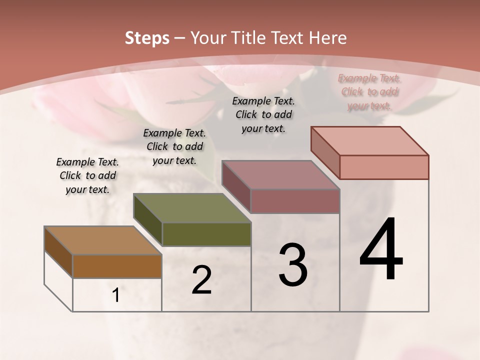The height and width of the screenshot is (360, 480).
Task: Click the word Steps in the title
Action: tap(147, 38)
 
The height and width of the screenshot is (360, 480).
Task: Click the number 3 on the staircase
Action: tap(293, 265)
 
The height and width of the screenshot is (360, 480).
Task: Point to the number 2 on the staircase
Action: tap(201, 280)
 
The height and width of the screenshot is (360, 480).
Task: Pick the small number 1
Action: tap(116, 295)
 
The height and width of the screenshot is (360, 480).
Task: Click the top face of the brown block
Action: tap(103, 240)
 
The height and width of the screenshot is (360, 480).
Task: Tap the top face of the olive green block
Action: tap(192, 208)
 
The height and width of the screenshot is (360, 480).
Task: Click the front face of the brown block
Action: tap(117, 266)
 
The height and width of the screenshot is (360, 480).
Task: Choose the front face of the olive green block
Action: tap(206, 234)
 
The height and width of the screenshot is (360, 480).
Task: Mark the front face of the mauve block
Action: tap(295, 201)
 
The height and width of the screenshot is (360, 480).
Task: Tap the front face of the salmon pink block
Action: tap(384, 167)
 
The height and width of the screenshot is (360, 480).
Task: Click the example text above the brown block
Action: tap(87, 175)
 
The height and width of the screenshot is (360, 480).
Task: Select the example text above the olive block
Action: tap(174, 146)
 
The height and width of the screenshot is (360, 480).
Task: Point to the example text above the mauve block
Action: tap(263, 114)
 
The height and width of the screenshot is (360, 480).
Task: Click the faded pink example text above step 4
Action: tap(369, 91)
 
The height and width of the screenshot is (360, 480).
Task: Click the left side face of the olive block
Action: tap(148, 220)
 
